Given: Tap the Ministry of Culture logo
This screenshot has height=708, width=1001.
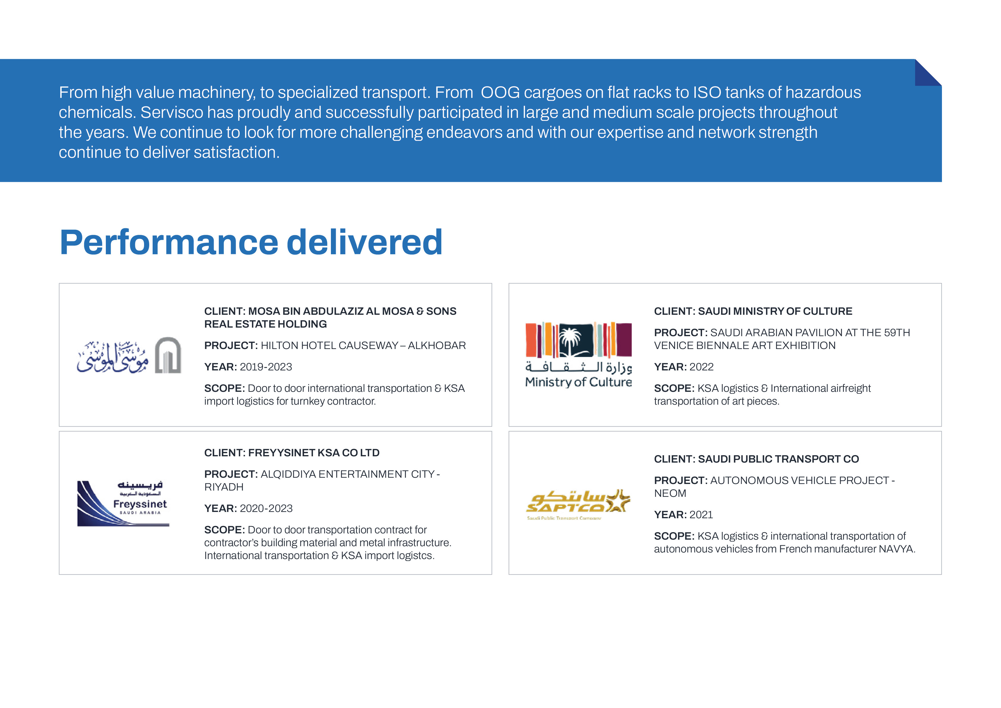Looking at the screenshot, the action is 579,355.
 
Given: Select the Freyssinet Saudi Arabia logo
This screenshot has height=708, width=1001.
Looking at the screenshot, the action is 123,503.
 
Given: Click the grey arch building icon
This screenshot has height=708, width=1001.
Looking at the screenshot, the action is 168,355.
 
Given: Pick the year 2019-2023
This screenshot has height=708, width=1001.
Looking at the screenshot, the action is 266,367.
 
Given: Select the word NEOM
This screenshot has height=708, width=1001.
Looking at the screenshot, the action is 670,493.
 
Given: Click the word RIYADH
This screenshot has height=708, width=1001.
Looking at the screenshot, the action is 224,487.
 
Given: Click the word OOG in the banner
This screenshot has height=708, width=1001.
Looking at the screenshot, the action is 500,92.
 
